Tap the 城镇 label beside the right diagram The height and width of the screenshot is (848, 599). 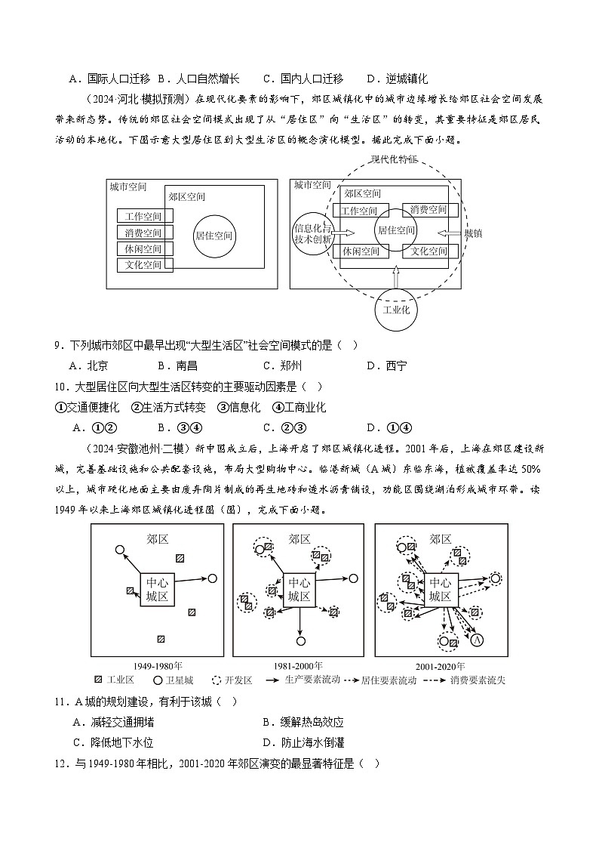coord(473,233)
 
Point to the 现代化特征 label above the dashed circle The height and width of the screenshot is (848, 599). coord(394,159)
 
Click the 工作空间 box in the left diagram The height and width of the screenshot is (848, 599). coord(144,216)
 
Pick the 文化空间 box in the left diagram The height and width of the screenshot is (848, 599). coord(144,265)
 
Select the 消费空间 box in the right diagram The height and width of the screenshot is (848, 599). coord(429,210)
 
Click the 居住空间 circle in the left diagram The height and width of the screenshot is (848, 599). coord(213,236)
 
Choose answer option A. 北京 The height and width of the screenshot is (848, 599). coord(88,366)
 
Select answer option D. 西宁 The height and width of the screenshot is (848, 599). coord(386,366)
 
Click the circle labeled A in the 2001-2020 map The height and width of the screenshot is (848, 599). coord(477,640)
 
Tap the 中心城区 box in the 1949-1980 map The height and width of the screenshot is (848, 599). coord(158,589)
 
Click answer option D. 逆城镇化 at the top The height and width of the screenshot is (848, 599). coord(397,79)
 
